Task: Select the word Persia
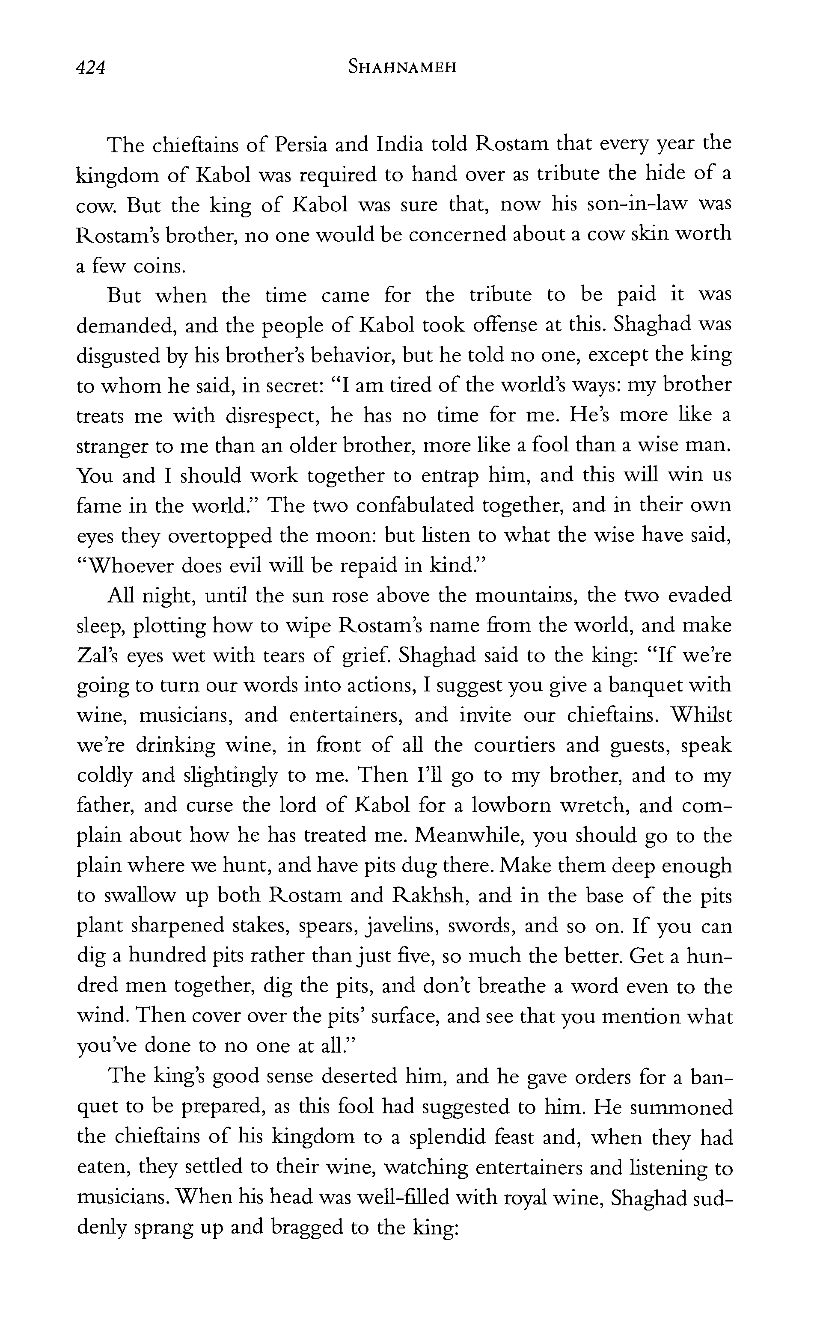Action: pyautogui.click(x=302, y=145)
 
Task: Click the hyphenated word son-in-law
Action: pyautogui.click(x=625, y=205)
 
